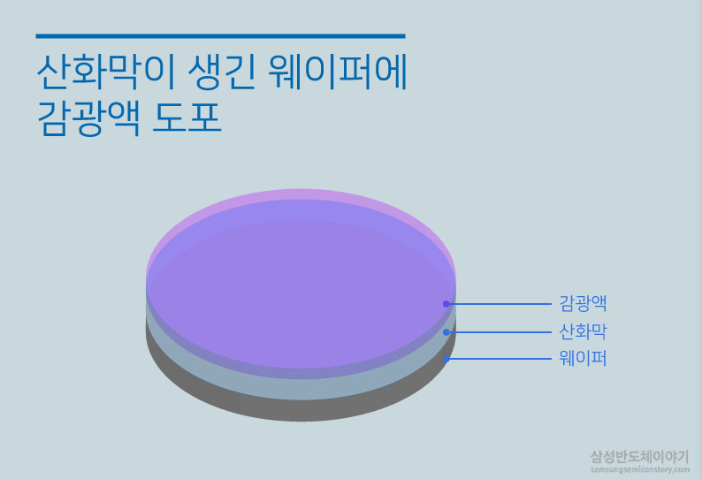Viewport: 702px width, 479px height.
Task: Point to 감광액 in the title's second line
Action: tap(87, 118)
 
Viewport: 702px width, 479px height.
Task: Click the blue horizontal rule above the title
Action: tap(220, 36)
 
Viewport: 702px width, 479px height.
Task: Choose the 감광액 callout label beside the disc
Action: tap(583, 303)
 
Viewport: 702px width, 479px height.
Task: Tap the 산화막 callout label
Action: tap(583, 331)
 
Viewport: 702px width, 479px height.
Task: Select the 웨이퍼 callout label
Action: tap(583, 359)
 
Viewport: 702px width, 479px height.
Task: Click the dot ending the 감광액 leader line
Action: tap(446, 304)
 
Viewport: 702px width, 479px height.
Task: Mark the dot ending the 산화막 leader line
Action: tap(446, 332)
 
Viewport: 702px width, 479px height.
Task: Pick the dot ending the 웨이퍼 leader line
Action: tap(446, 359)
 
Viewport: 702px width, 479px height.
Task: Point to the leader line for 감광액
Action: tap(500, 304)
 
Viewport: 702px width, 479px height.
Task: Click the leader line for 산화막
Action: tap(500, 332)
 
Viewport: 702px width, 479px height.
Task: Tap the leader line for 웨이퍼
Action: tap(500, 359)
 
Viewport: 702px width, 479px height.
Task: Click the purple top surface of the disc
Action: tap(301, 283)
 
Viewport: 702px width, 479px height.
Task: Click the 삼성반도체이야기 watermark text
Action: tap(639, 456)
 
